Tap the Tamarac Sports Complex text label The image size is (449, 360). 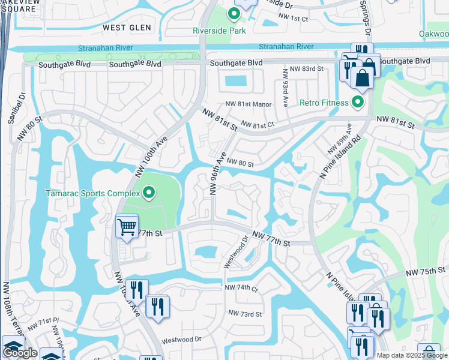[x=92, y=193]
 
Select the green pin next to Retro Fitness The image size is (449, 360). [x=358, y=102]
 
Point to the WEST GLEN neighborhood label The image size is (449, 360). [x=122, y=28]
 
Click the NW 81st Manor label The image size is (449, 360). [x=250, y=104]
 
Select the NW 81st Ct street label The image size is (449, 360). [x=258, y=125]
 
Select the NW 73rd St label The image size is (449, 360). [x=245, y=314]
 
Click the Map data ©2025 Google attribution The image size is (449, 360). [x=412, y=355]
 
